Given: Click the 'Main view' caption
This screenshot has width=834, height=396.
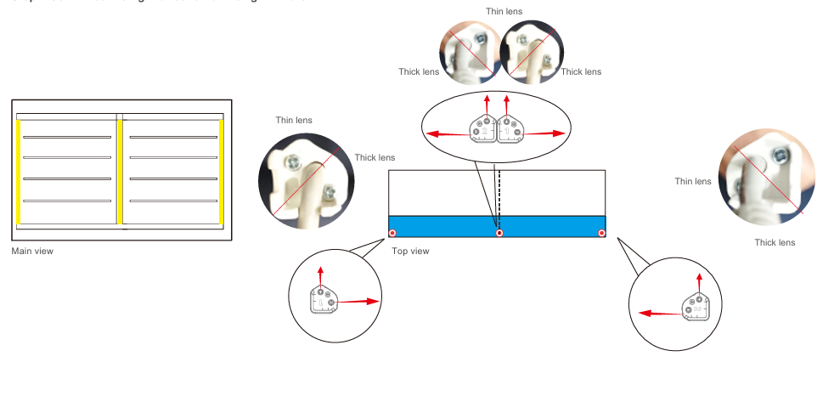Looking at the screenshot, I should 32,252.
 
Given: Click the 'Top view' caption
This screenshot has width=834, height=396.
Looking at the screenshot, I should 410,252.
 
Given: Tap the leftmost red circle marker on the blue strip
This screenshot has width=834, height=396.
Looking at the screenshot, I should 392,233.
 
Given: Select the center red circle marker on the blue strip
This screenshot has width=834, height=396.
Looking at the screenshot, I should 499,233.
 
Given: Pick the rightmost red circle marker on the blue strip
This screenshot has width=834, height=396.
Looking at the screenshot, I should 602,233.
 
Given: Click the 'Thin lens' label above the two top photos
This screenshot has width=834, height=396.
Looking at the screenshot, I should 504,12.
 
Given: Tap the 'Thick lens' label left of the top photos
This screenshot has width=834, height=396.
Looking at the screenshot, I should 419,72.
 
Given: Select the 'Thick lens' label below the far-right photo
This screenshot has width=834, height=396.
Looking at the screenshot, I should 775,243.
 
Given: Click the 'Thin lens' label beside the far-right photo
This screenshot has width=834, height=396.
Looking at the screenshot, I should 693,181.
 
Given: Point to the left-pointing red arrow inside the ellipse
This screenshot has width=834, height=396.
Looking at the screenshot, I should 447,133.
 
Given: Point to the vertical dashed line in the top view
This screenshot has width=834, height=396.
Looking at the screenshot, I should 499,192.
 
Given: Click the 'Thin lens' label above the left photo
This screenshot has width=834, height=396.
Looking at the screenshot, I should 294,121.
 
